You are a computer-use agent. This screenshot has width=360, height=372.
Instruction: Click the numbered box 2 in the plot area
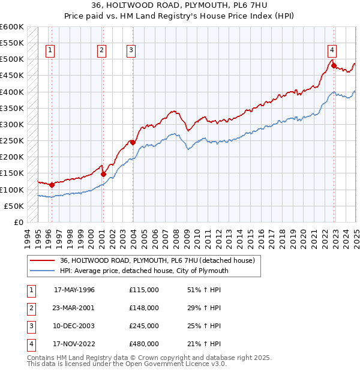[102, 50]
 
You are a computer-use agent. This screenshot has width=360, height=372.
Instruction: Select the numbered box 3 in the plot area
[131, 50]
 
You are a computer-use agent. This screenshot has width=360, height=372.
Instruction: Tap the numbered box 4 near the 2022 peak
[332, 50]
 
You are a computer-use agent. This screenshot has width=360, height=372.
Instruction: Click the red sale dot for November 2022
[334, 65]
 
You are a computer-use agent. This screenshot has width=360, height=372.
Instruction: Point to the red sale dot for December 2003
[133, 142]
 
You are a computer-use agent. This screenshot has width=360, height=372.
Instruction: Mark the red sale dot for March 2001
[103, 174]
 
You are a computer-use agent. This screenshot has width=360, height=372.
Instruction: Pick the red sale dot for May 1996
[52, 185]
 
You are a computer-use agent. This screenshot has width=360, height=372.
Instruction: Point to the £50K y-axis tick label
[14, 206]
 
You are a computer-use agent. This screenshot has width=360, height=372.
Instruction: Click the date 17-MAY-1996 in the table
[74, 290]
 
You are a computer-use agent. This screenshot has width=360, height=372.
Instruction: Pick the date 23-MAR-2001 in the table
[74, 308]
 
